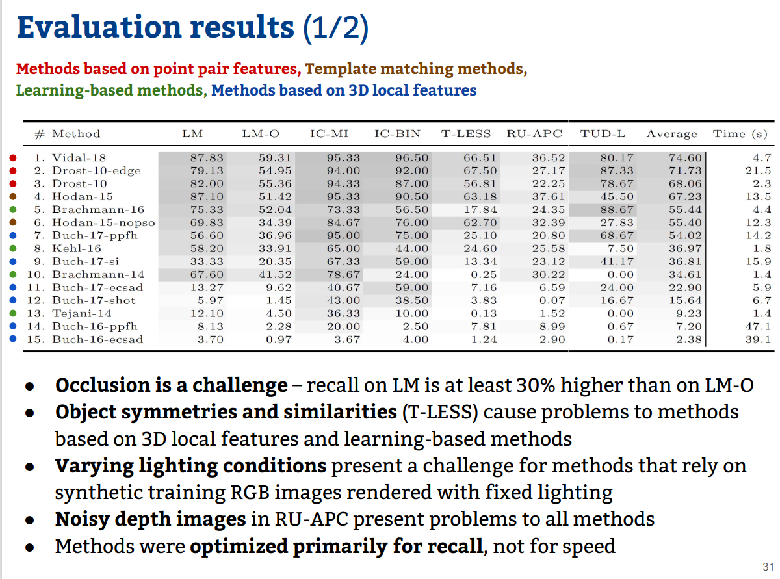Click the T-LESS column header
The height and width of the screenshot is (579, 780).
467,134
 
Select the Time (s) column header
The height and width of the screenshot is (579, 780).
740,134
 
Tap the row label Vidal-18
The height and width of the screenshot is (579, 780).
79,157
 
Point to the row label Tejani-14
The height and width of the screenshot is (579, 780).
82,313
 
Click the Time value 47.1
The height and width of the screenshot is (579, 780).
757,326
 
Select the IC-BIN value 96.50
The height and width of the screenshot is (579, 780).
412,157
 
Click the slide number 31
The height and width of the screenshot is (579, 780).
767,565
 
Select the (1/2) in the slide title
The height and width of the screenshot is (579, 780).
335,28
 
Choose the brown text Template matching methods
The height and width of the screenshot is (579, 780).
415,69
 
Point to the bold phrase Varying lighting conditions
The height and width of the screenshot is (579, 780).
190,465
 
